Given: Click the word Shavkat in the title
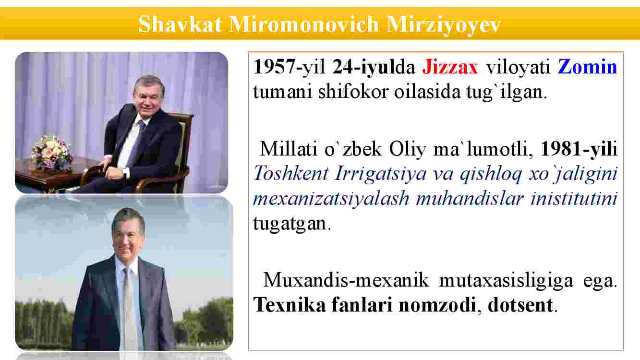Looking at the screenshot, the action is [x=180, y=24].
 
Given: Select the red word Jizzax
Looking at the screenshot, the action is [x=450, y=67].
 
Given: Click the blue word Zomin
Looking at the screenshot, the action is [x=588, y=67].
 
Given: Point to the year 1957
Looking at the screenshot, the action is [x=275, y=67].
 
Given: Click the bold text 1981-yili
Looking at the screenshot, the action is [x=579, y=149].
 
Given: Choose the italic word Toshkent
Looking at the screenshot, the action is [x=290, y=173].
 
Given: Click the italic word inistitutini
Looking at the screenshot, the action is [x=574, y=198].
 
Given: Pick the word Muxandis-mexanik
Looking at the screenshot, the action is [x=346, y=280].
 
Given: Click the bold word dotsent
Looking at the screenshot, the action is [x=520, y=305].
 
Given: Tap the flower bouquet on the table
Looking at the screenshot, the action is [x=51, y=152].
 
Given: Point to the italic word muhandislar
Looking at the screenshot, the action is [x=470, y=198].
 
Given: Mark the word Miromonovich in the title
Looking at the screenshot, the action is [x=304, y=24].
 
